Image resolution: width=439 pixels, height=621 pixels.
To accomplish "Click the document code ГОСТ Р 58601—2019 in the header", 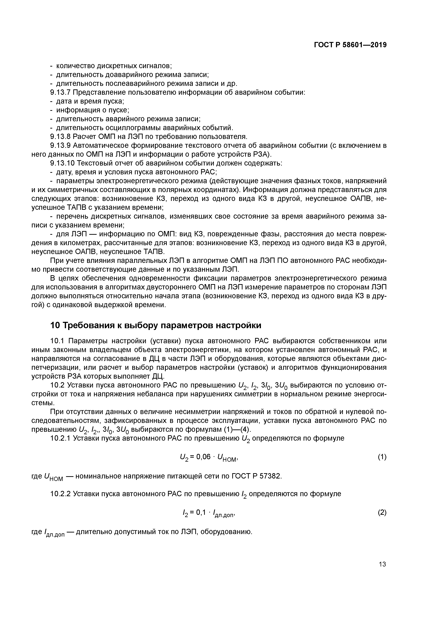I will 350,45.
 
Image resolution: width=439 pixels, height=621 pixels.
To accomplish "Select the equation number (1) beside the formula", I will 382,457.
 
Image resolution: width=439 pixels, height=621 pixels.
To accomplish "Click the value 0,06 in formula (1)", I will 203,457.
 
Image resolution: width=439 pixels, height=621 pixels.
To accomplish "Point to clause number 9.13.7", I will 60,93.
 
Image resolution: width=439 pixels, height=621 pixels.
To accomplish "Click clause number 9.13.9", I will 60,146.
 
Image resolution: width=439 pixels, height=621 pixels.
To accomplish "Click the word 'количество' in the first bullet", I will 72,66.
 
